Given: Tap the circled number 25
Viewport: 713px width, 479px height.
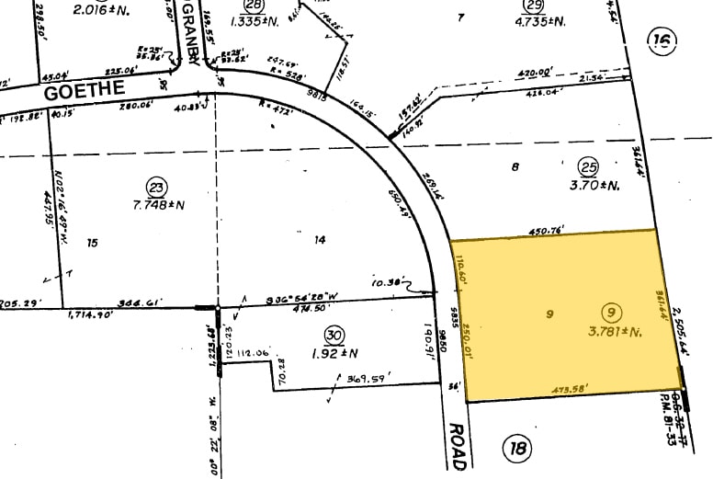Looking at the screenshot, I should click(x=588, y=166).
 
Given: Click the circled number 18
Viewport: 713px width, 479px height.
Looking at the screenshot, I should click(x=517, y=449).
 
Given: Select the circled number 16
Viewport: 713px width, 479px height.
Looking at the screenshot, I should click(x=660, y=40).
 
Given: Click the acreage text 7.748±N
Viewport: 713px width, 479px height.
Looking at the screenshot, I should click(x=158, y=205).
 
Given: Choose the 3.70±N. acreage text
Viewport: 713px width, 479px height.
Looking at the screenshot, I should click(x=596, y=184).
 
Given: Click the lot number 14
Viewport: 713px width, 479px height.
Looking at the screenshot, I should click(x=320, y=240).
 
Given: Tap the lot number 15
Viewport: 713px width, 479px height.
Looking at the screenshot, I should click(x=91, y=243).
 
